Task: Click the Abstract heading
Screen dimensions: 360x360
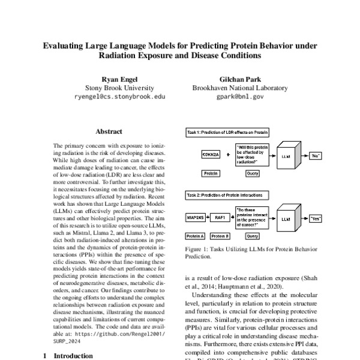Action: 109,131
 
